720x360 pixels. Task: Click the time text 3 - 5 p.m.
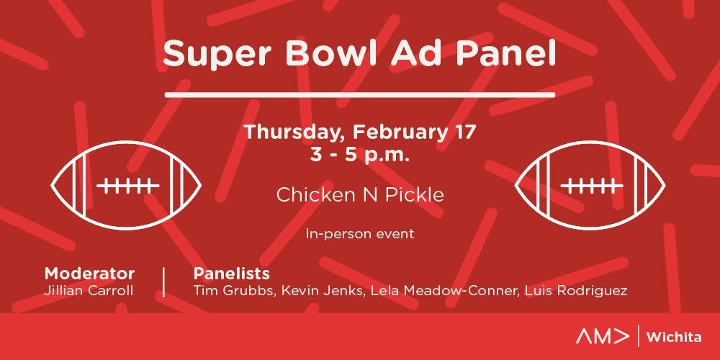tap(359, 156)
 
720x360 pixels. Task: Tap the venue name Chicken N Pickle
tap(360, 194)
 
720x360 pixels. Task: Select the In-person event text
tap(360, 234)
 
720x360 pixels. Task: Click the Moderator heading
tap(89, 274)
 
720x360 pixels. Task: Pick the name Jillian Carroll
tap(89, 291)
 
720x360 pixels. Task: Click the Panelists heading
tap(231, 274)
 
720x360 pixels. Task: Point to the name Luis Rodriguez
tap(575, 291)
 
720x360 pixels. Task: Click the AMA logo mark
tap(603, 337)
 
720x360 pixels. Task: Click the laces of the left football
tap(128, 186)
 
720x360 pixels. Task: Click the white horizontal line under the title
tap(360, 95)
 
